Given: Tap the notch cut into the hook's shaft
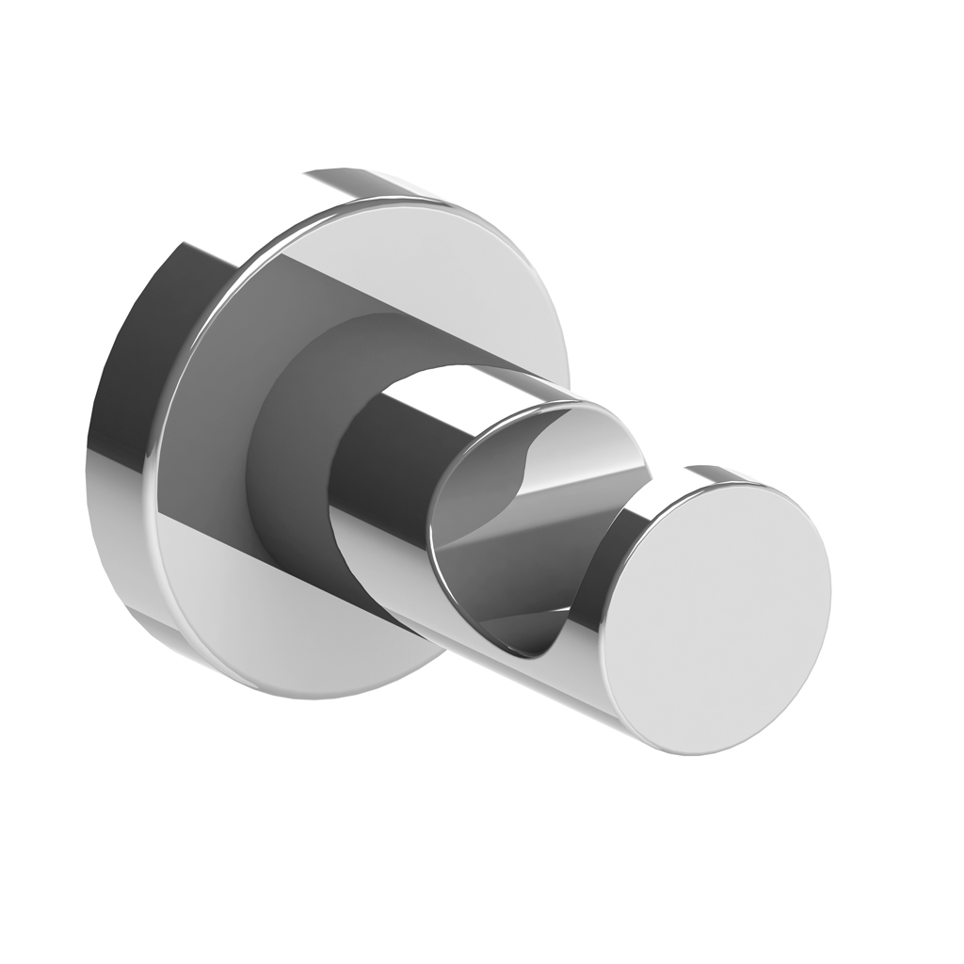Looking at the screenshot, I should tap(527, 527).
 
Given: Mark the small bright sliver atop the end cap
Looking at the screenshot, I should tap(720, 473).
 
